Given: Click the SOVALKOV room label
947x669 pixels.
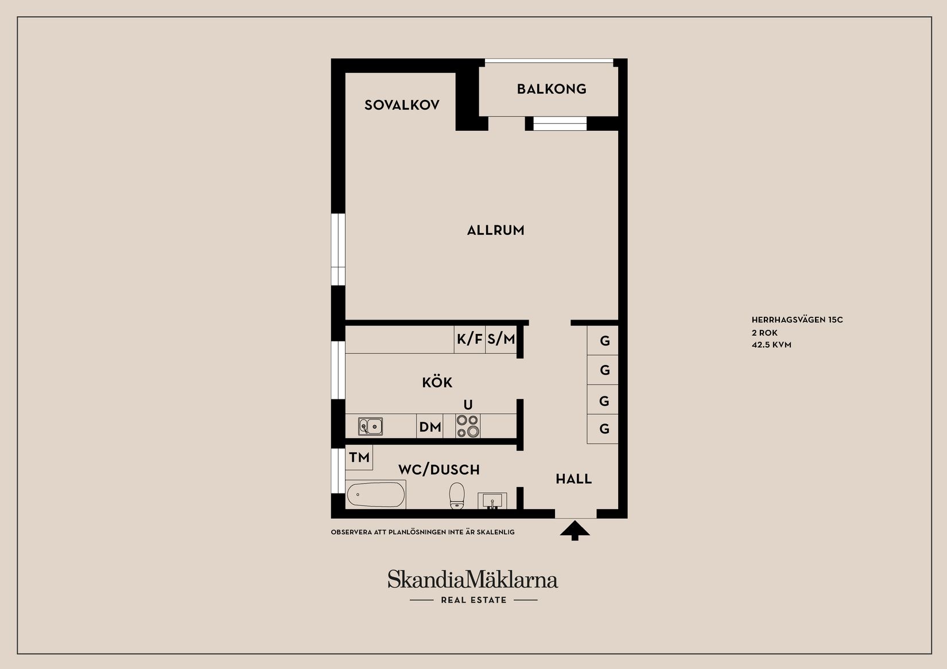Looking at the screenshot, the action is (402, 105).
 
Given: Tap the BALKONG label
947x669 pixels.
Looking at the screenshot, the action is (552, 89).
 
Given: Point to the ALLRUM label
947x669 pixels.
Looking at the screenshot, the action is (495, 230).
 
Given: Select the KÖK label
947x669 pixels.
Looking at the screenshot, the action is (437, 382).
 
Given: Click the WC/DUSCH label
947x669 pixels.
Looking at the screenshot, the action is (439, 469).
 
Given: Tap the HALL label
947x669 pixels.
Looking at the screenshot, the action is (573, 479).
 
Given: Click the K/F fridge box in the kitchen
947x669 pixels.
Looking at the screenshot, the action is (469, 339).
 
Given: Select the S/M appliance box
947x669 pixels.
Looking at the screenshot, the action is (501, 339).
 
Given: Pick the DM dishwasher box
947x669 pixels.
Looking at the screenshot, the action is (429, 426).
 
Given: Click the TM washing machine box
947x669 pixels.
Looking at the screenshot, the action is (359, 457).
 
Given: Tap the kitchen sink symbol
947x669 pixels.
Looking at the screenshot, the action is (370, 426).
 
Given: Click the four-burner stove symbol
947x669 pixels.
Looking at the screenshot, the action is (468, 426).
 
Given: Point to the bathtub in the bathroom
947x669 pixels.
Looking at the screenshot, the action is (375, 494).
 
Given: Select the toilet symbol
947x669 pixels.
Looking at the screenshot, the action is (457, 495).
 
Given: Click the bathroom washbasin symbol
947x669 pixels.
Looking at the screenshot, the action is (492, 501).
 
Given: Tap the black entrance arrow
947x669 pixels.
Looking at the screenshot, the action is (575, 530).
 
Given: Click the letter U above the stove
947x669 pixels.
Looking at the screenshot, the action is (468, 405).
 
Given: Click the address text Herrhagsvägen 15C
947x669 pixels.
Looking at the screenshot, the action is (797, 320).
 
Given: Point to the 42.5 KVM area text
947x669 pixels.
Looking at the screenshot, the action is (771, 345).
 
